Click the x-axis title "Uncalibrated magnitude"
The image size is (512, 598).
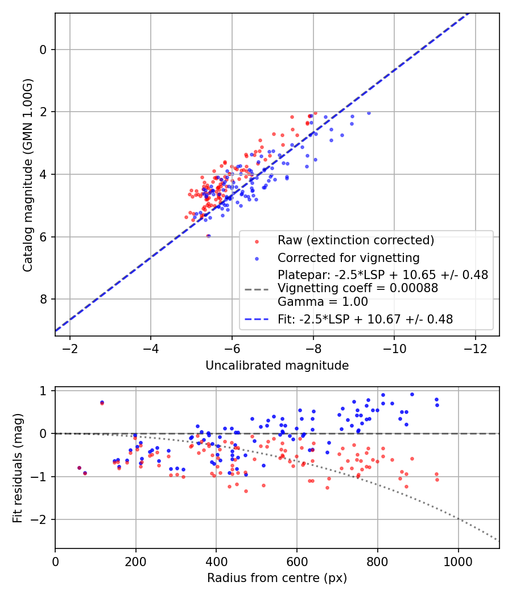(x=277, y=366)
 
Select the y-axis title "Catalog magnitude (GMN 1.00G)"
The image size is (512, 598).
(x=27, y=175)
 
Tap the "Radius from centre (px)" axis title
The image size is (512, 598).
(x=277, y=578)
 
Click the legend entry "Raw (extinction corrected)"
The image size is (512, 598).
(x=356, y=240)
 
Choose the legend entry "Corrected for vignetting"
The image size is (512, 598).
(x=348, y=257)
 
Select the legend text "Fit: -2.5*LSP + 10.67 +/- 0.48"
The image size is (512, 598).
(x=365, y=320)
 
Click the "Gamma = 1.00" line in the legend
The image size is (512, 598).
(x=323, y=302)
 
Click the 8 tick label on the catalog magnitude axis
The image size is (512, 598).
(x=43, y=300)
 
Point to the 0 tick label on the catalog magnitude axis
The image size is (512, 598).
(x=43, y=50)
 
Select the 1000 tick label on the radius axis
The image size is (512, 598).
(x=459, y=561)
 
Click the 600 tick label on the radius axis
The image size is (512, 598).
(x=297, y=561)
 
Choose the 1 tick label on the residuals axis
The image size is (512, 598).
(x=43, y=391)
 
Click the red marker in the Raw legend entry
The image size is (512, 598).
(x=257, y=241)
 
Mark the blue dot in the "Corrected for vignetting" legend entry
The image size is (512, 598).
(x=257, y=257)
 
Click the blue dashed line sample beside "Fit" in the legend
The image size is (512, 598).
(x=256, y=320)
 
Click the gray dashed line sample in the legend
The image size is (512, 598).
(x=256, y=289)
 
